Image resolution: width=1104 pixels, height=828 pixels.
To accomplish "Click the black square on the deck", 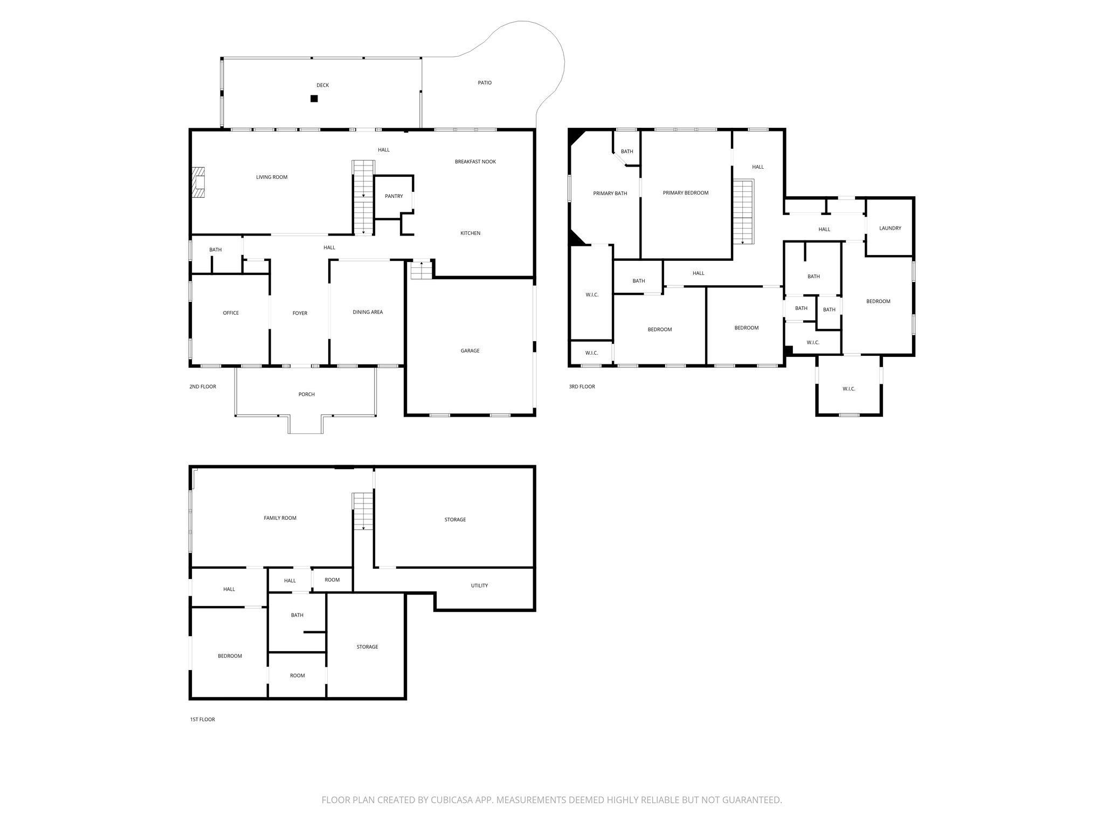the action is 314,99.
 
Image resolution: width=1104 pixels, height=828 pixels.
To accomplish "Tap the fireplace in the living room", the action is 199,183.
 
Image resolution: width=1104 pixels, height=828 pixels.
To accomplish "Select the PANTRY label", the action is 394,196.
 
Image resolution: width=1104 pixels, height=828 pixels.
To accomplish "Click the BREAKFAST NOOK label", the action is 475,162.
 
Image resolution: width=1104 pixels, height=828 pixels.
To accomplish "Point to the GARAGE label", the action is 470,351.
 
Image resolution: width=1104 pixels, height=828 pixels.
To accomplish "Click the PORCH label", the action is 307,395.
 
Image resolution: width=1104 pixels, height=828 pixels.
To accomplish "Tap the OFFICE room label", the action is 231,313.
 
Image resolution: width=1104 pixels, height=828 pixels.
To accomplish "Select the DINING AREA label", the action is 368,312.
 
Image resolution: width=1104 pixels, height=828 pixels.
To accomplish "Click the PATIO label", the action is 485,83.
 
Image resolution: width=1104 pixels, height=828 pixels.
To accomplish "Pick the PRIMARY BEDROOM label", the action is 686,193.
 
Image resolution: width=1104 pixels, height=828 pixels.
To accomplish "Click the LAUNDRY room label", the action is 890,229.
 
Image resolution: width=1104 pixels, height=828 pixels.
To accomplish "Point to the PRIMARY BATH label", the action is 610,194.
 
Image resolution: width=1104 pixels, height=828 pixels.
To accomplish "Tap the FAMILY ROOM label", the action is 280,518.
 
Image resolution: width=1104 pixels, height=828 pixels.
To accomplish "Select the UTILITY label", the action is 479,585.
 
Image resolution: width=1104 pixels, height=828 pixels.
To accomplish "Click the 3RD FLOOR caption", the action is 582,387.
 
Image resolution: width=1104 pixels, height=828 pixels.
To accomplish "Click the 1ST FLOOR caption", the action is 203,720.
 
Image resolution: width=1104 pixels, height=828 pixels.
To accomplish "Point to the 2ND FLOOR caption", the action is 203,387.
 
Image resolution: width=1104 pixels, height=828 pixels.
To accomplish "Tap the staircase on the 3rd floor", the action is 743,212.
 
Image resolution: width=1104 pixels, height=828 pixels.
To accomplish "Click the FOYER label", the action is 300,313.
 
